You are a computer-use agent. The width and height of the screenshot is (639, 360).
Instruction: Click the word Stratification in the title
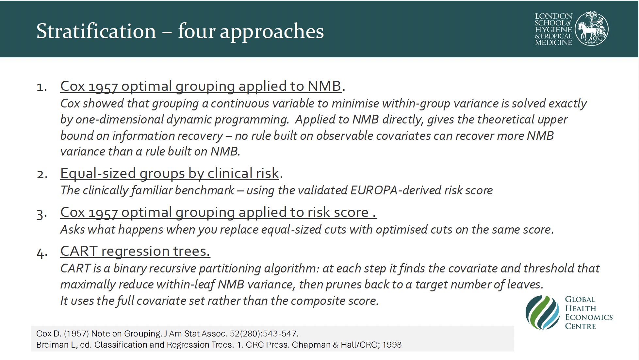coord(96,31)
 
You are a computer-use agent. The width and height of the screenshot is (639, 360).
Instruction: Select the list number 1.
coord(41,87)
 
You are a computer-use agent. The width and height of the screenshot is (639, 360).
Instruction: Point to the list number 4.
coord(42,253)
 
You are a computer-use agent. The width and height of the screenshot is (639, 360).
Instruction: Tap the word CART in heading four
coord(79,251)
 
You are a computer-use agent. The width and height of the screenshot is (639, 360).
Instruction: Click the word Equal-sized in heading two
coord(98,173)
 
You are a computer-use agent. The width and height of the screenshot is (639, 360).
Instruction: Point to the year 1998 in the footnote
coord(392,345)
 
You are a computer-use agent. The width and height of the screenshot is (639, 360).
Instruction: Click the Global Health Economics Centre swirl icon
coord(543,312)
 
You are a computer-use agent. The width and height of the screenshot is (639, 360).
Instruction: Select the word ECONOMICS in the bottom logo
coord(589,317)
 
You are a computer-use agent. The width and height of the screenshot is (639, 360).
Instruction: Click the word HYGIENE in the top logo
coord(553,29)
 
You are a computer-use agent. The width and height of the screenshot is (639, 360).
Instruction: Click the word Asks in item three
coord(73,229)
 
